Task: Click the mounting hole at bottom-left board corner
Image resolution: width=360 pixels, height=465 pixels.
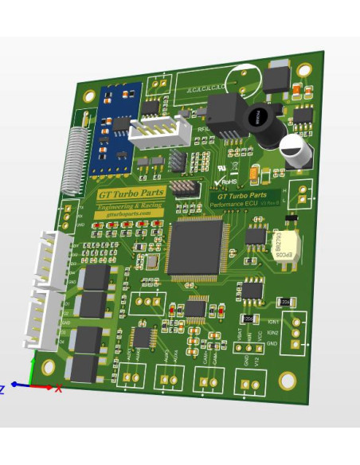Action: point(49,367)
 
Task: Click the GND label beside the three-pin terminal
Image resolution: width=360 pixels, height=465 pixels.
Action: point(272,343)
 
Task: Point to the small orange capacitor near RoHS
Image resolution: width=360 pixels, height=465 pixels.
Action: point(254,174)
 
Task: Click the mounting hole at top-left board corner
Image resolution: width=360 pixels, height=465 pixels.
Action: point(89,96)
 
